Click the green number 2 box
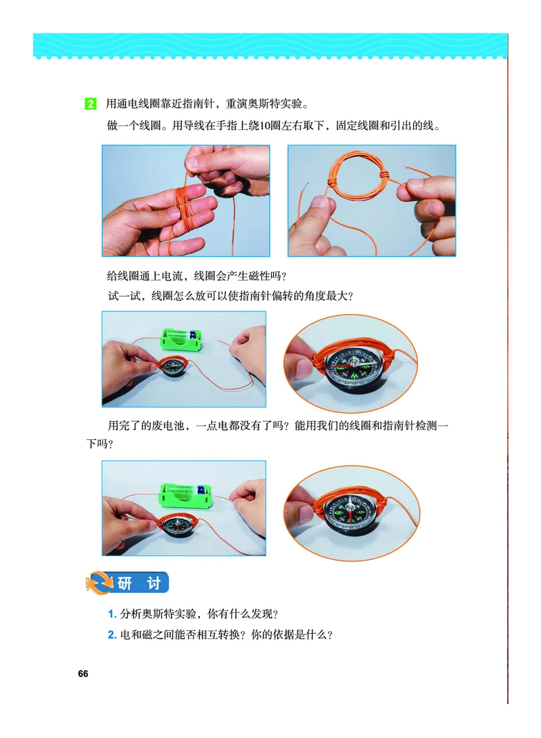point(90,104)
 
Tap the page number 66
point(83,673)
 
